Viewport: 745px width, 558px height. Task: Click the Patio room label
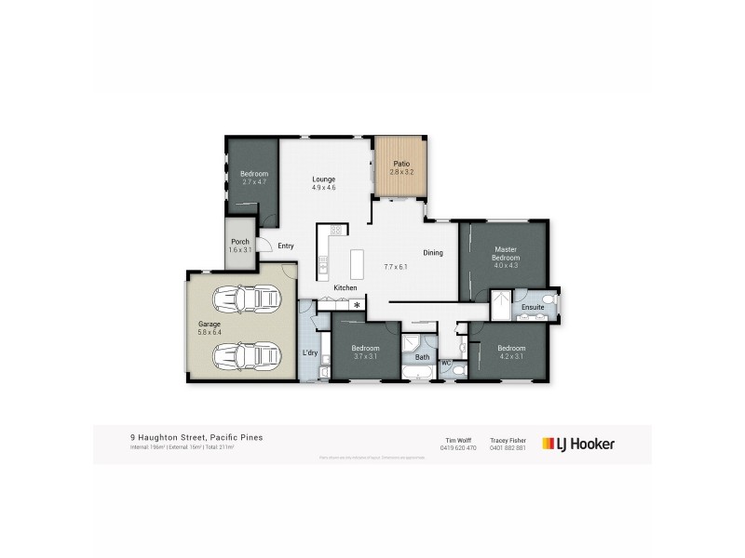(400, 164)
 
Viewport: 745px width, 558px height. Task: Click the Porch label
(239, 242)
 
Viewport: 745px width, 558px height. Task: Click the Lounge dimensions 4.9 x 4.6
(323, 188)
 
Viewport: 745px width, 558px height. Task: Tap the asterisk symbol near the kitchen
(356, 304)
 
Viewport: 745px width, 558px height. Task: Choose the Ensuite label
(532, 306)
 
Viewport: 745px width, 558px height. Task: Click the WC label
(445, 362)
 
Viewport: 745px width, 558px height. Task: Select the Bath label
(422, 357)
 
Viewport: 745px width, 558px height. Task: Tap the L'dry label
(310, 352)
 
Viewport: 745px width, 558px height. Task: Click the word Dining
(433, 253)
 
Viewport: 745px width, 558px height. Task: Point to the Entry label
(286, 246)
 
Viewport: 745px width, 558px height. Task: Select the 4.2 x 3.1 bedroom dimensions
(512, 356)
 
